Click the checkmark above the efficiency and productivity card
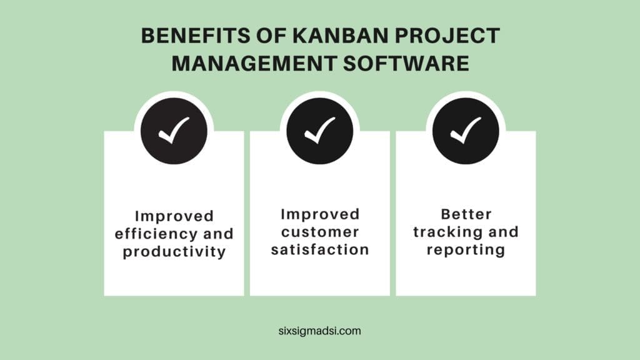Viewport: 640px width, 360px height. click(174, 131)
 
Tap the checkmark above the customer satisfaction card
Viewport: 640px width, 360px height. click(320, 131)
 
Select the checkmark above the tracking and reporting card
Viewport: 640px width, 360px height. click(466, 131)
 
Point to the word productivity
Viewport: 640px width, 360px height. click(174, 252)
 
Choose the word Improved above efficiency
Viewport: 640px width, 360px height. click(174, 216)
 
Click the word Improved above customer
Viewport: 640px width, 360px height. click(320, 214)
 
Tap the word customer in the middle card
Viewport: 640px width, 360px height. click(320, 232)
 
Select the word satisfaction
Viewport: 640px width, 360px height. click(320, 249)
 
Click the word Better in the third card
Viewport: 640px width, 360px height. click(466, 214)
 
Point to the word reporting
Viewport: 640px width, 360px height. click(466, 249)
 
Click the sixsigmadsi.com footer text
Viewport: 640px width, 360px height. click(320, 331)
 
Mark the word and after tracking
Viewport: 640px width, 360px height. click(504, 232)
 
